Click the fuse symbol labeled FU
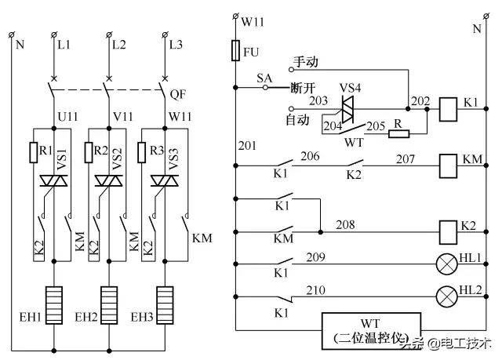pyautogui.click(x=237, y=53)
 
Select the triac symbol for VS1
pyautogui.click(x=53, y=181)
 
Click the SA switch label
pyautogui.click(x=264, y=78)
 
